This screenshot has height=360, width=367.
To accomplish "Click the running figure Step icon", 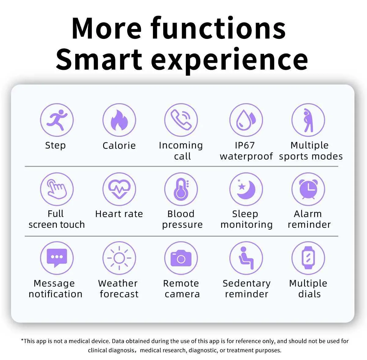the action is (57, 120).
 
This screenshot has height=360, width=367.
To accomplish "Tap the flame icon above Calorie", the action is (119, 120).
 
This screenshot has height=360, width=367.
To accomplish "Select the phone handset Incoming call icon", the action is (181, 120).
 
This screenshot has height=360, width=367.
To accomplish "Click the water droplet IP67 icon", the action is (246, 120).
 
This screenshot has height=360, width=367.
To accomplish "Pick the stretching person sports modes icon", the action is (308, 120).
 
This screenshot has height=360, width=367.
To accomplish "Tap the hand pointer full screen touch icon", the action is (57, 189).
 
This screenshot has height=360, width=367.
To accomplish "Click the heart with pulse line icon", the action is (119, 189).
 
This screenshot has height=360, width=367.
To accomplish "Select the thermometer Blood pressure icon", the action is (181, 189).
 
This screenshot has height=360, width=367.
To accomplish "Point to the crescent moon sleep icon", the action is (246, 189).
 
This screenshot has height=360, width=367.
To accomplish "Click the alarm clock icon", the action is (308, 189).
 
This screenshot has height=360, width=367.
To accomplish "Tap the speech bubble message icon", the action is (57, 258).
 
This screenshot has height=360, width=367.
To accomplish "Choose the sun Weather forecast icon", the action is (119, 258).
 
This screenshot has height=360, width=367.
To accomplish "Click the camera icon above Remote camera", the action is (181, 258).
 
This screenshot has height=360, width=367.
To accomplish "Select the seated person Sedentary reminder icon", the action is (246, 258).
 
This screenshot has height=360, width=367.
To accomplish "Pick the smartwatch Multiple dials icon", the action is (308, 258).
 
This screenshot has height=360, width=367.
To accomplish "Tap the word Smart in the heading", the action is (99, 59).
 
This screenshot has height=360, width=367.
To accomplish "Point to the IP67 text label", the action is (245, 145).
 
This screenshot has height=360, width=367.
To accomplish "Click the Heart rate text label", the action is (119, 214).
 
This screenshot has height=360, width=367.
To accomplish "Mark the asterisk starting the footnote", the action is (22, 339).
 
